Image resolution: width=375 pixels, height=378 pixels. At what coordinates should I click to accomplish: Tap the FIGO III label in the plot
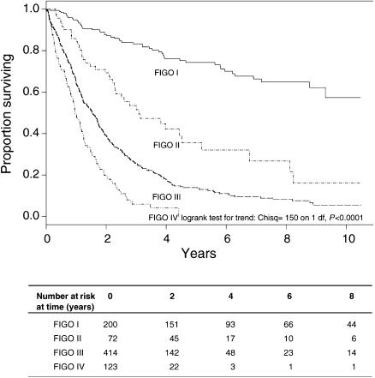(167, 197)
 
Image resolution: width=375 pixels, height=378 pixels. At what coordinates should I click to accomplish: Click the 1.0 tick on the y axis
(33, 9)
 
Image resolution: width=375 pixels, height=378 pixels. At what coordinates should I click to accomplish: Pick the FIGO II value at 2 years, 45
(175, 339)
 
